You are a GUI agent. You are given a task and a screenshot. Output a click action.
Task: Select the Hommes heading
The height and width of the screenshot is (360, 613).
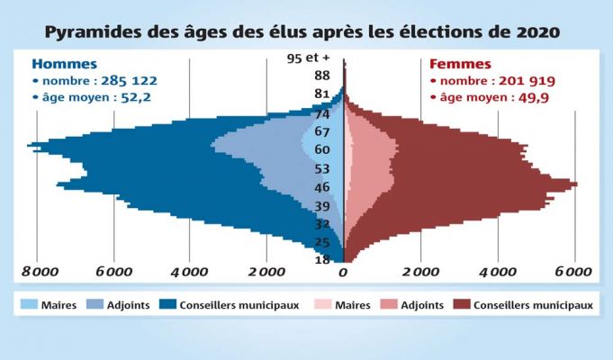click(59, 64)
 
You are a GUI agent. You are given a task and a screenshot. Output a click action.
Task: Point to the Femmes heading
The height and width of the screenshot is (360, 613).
click(460, 64)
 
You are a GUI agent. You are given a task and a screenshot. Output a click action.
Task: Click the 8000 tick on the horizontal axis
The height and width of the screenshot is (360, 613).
click(40, 271)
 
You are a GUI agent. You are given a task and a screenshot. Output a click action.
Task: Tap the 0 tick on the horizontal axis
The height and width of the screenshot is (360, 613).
click(343, 271)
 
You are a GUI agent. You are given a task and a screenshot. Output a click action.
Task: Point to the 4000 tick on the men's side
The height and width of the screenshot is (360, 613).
click(190, 271)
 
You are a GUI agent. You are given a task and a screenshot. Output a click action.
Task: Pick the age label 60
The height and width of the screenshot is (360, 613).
click(322, 149)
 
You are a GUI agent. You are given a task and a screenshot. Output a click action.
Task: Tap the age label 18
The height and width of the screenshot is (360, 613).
click(321, 260)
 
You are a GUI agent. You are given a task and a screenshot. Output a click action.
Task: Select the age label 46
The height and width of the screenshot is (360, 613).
click(322, 187)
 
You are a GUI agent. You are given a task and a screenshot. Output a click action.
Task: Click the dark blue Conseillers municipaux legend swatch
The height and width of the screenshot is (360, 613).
click(167, 305)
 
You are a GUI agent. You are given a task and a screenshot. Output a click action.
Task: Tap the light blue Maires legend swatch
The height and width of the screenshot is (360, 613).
click(27, 305)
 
